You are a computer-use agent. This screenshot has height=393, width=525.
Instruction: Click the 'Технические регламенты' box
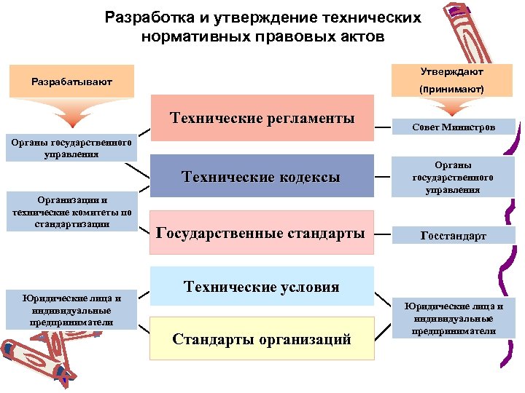pyautogui.click(x=262, y=118)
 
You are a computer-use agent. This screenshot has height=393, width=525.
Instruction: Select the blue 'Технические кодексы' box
pyautogui.click(x=262, y=176)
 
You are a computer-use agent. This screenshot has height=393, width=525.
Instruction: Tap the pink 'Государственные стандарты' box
pyautogui.click(x=262, y=233)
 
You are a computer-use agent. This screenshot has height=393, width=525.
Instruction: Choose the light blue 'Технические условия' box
pyautogui.click(x=262, y=287)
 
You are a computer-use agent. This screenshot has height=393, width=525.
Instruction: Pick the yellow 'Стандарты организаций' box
pyautogui.click(x=262, y=338)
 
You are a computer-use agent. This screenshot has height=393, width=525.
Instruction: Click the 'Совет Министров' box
pyautogui.click(x=453, y=127)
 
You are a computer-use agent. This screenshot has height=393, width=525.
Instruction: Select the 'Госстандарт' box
pyautogui.click(x=453, y=236)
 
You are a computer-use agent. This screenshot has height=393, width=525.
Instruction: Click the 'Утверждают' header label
pyautogui.click(x=452, y=72)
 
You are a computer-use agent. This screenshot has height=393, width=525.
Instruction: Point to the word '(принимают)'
pyautogui.click(x=452, y=89)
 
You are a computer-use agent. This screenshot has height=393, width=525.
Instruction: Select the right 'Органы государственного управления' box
pyautogui.click(x=453, y=178)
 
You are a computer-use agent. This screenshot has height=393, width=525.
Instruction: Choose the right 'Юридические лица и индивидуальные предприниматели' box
pyautogui.click(x=453, y=318)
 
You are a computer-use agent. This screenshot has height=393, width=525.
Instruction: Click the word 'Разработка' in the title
pyautogui.click(x=143, y=17)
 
